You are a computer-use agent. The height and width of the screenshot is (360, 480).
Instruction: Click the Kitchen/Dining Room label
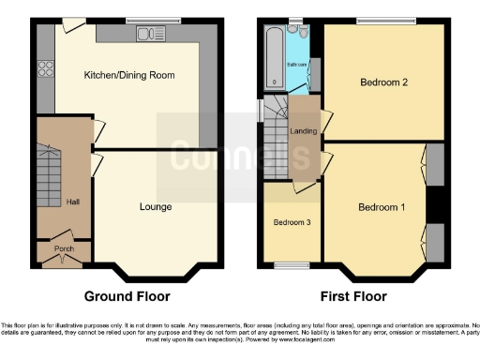129,75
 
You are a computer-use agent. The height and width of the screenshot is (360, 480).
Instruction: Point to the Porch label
64,249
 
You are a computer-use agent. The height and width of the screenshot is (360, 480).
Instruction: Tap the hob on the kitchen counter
44,67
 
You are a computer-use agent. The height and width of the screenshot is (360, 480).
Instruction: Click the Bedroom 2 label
383,82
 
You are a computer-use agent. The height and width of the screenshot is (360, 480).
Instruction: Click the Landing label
303,131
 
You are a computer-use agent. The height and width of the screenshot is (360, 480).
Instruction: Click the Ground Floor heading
127,296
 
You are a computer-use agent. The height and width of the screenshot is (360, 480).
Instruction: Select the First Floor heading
352,296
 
